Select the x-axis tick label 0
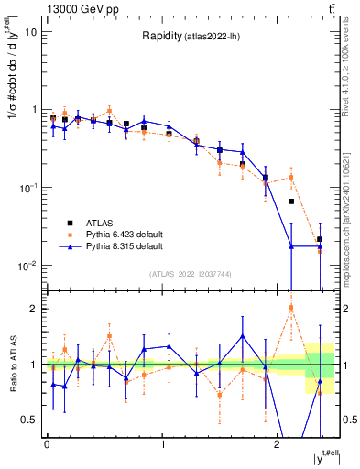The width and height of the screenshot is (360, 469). (x=47, y=447)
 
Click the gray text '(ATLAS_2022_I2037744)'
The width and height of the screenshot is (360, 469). (x=191, y=274)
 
